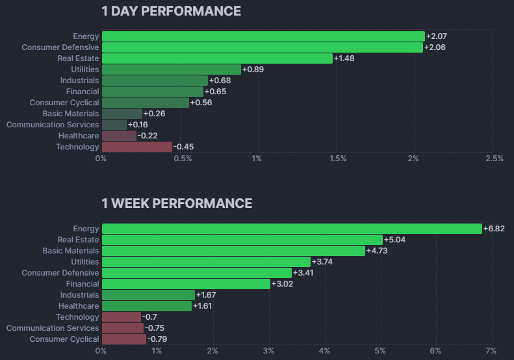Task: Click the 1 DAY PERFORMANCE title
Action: [x=171, y=11]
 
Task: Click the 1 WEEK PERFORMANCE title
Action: [x=177, y=203]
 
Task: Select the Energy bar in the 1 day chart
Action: [x=263, y=36]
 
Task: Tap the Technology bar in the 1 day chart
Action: [x=136, y=147]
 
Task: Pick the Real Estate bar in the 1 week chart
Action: [x=242, y=240]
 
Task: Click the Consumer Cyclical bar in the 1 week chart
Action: [x=123, y=339]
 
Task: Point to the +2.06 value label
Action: [x=435, y=47]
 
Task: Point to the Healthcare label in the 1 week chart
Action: [x=79, y=306]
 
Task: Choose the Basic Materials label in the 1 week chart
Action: [x=71, y=251]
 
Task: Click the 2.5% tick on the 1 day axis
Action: [x=494, y=159]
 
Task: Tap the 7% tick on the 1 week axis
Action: [x=491, y=351]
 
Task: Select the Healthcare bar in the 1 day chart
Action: [x=119, y=136]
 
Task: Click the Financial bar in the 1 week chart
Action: [x=185, y=284]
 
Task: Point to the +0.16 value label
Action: [x=138, y=125]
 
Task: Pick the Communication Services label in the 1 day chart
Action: [x=53, y=125]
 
